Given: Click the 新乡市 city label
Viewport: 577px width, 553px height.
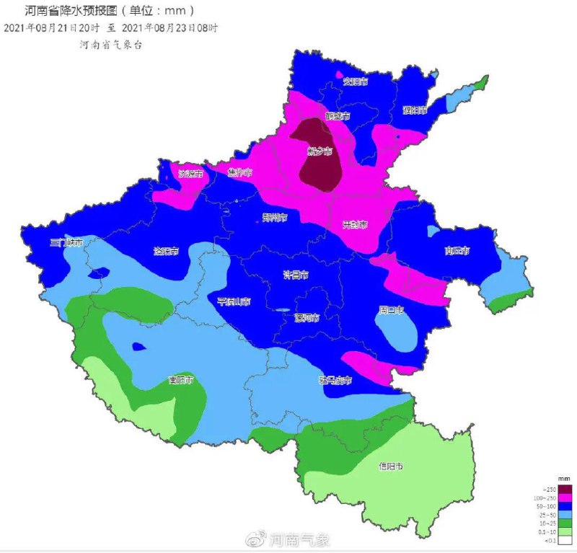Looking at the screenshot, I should tap(320, 151).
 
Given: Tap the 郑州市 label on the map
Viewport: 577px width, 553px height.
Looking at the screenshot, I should tap(275, 216).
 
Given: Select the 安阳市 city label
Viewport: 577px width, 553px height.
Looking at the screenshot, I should tap(356, 81).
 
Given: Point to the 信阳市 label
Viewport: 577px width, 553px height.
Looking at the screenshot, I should tap(390, 466).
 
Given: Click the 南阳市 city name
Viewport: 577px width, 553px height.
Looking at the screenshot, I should tap(180, 379).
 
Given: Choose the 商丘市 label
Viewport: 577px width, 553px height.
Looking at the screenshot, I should tap(457, 250).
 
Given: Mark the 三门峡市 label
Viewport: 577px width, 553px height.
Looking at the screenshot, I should tap(66, 243).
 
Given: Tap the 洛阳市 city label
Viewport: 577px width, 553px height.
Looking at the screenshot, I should tap(167, 252).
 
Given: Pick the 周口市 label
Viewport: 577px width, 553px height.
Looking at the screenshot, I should tap(392, 309).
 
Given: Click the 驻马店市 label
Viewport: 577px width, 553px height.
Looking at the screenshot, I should tap(335, 380).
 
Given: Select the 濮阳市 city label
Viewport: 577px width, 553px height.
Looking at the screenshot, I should tap(415, 110).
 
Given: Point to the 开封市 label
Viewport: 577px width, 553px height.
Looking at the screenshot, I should tap(355, 224).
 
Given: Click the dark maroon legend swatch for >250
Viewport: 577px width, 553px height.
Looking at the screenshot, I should tap(565, 490).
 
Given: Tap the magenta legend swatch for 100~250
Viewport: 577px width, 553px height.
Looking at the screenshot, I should tap(565, 498).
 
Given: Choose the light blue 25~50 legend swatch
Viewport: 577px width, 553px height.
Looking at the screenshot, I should tap(565, 516).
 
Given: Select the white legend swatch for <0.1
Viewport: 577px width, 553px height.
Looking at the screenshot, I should tap(565, 541).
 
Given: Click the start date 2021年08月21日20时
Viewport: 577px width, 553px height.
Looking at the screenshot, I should tap(53, 27).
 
